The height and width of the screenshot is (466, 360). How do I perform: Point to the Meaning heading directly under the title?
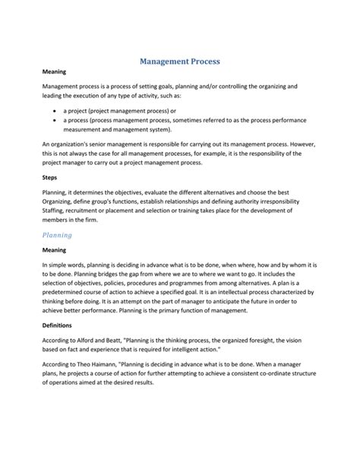click(55, 71)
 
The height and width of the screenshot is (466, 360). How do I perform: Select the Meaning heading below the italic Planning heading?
click(55, 250)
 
